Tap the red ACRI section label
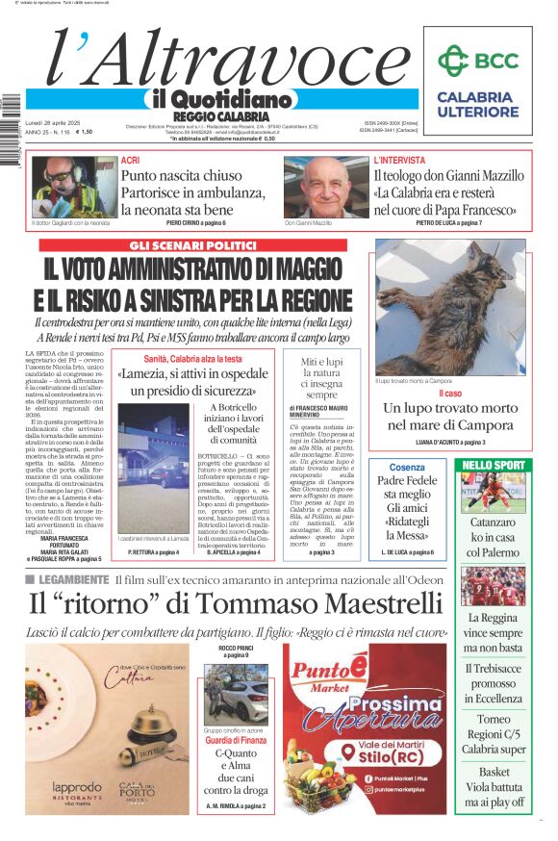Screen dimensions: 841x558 tap(130, 160)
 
